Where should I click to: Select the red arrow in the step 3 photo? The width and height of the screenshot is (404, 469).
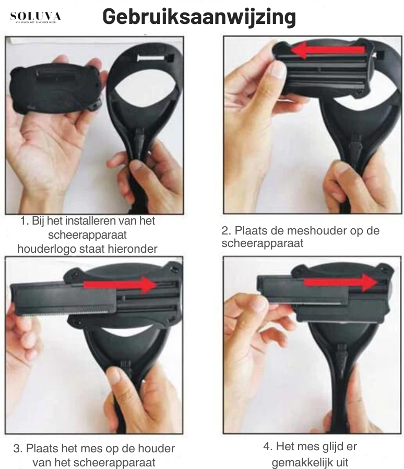[121, 285]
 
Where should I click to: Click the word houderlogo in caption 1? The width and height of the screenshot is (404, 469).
[45, 249]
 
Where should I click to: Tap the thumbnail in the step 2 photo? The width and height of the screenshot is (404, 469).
[280, 70]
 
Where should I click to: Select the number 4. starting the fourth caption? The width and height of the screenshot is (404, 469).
[267, 448]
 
